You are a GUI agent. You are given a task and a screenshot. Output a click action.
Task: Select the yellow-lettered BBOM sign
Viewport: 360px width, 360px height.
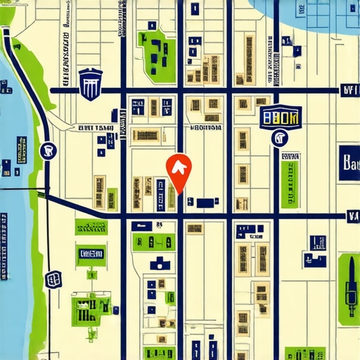(279, 118)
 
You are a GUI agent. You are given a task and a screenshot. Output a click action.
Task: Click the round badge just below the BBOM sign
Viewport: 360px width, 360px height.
(280, 138)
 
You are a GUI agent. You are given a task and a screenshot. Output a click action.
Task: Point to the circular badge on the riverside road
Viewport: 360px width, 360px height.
(48, 148)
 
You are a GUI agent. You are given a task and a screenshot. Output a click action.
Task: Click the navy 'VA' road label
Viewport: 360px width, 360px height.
(352, 217)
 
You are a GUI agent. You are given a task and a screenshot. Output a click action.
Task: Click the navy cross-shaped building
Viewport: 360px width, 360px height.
(160, 263)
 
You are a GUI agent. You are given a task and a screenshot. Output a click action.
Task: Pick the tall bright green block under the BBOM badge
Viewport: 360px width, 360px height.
(290, 184)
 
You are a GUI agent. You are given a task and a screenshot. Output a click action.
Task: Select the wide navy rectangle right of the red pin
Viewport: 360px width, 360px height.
(206, 202)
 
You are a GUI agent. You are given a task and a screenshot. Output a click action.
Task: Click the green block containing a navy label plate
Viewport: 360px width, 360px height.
(91, 253)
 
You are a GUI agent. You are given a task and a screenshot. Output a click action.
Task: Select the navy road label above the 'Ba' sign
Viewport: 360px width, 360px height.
(349, 90)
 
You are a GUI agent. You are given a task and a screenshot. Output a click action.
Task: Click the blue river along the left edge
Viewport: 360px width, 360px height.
(14, 232)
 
